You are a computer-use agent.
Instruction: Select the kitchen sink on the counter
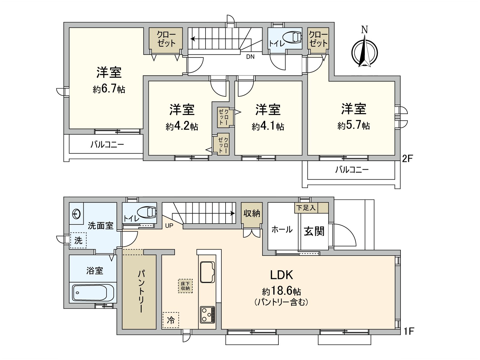(x=207, y=272)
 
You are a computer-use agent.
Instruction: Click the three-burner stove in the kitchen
(x=207, y=314)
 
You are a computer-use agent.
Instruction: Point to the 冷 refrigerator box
(x=171, y=320)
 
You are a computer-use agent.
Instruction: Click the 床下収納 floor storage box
(x=185, y=286)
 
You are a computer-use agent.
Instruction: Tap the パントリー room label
(x=141, y=291)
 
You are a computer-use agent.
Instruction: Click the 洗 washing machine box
(x=78, y=240)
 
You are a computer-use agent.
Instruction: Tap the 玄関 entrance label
(x=314, y=231)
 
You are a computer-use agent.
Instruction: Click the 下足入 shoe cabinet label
(x=306, y=208)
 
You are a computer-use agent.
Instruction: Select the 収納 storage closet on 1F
(x=252, y=214)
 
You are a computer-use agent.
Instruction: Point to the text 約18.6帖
(x=281, y=291)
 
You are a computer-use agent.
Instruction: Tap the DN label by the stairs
(x=250, y=56)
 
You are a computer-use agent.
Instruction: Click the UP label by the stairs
(x=169, y=226)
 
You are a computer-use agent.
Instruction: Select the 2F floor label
(x=407, y=158)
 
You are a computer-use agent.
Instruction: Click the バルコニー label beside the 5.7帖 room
(x=352, y=170)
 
